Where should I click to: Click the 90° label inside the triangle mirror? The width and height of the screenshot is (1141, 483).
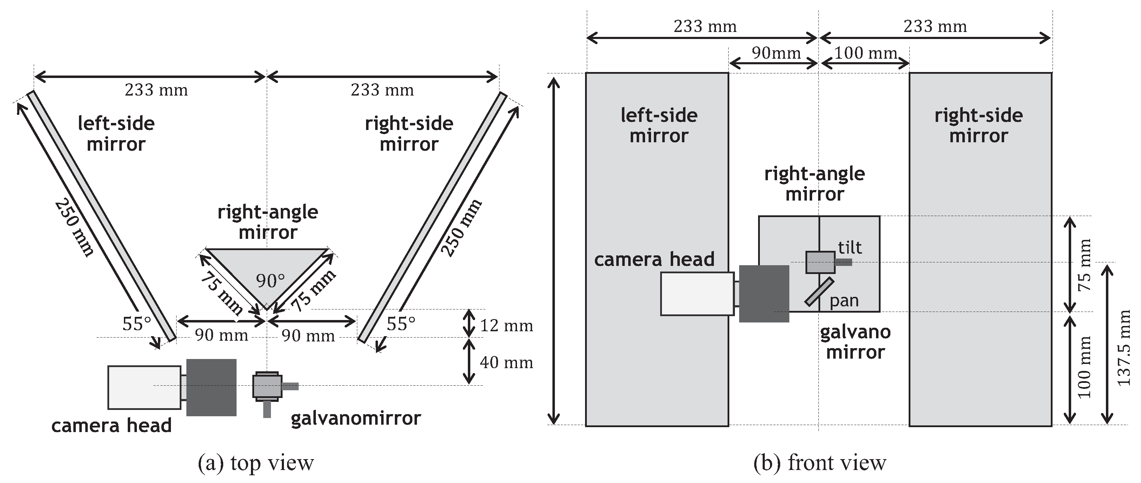click(x=270, y=281)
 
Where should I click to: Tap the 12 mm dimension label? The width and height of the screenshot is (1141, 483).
click(x=506, y=326)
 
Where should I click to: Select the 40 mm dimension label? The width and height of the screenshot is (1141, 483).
click(x=506, y=363)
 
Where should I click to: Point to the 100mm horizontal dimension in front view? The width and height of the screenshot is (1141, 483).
click(x=865, y=53)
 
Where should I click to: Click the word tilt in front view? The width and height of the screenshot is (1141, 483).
click(x=850, y=247)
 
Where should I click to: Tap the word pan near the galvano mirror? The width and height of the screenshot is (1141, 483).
click(x=844, y=301)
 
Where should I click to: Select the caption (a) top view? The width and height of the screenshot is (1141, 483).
click(x=256, y=463)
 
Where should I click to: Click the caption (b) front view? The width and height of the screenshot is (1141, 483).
click(x=820, y=463)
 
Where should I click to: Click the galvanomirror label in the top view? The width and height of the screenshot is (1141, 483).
click(x=355, y=418)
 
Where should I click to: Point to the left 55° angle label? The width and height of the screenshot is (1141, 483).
click(x=137, y=324)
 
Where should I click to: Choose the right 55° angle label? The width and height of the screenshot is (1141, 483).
click(x=401, y=324)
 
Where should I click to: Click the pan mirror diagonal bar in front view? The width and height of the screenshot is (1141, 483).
click(x=819, y=292)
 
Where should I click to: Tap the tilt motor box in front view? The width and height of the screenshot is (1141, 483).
click(x=820, y=262)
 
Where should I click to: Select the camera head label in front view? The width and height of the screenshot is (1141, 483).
click(x=654, y=259)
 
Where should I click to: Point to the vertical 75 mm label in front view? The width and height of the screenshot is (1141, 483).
click(x=1084, y=265)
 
